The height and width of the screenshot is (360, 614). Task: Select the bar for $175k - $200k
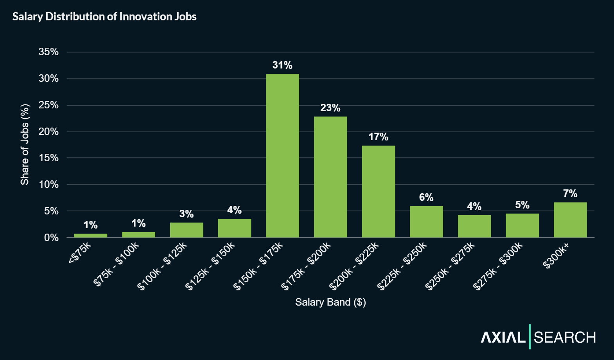(x=330, y=177)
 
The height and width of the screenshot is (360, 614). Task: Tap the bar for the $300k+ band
(x=570, y=220)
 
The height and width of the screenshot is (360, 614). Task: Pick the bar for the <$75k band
(x=91, y=236)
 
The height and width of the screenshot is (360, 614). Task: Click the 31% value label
(x=282, y=65)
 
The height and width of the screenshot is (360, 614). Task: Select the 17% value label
(x=378, y=137)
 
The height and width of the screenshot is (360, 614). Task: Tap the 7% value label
(x=570, y=193)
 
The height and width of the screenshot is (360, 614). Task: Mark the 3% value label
(x=187, y=214)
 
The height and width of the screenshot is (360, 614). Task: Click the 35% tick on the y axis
(x=48, y=52)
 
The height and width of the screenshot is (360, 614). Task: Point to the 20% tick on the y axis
(x=48, y=131)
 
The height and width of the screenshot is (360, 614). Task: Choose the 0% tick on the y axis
(x=51, y=238)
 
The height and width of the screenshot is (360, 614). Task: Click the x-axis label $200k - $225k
(x=354, y=266)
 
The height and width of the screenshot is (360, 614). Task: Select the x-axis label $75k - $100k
(x=117, y=264)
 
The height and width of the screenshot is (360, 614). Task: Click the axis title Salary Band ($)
(x=330, y=302)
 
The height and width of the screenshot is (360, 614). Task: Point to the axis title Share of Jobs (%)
(x=25, y=144)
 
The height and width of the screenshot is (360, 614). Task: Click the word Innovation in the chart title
(x=145, y=16)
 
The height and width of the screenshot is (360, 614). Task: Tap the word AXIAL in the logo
(x=503, y=337)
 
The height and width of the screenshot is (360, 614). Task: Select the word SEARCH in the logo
(x=565, y=337)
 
